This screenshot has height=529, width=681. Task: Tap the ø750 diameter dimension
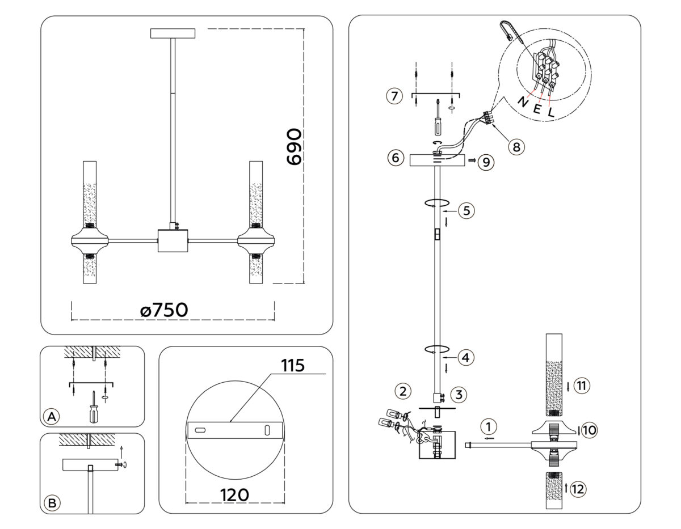click(x=163, y=310)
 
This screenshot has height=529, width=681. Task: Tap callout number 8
click(x=515, y=146)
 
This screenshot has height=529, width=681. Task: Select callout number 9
click(x=486, y=162)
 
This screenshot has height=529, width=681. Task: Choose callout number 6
click(x=396, y=158)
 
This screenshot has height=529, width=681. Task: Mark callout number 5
click(x=465, y=210)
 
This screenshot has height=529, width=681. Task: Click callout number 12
click(x=578, y=489)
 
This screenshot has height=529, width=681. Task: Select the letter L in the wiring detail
click(x=550, y=112)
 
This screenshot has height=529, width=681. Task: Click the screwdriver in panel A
click(x=93, y=408)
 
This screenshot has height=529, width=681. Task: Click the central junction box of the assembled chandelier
click(x=173, y=241)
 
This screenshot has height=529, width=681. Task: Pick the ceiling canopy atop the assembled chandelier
click(x=173, y=33)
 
